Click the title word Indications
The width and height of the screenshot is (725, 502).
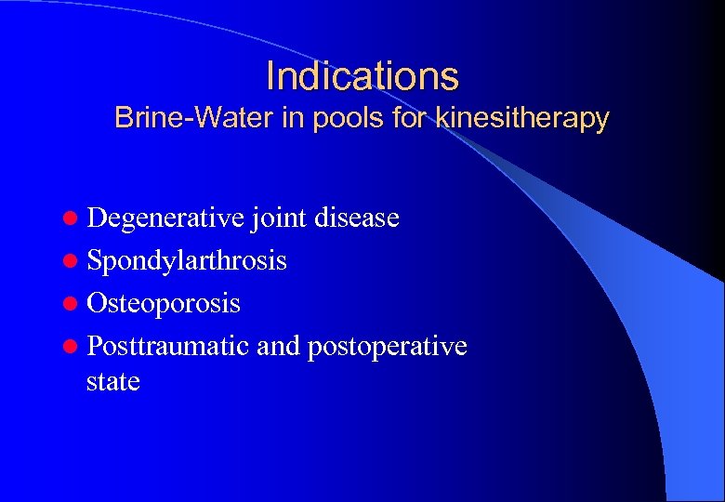(x=362, y=75)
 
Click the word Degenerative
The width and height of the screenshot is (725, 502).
(x=166, y=218)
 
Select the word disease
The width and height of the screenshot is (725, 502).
(x=357, y=218)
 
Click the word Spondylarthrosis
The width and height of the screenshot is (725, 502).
(x=187, y=260)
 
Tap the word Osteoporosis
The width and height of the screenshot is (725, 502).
(x=164, y=303)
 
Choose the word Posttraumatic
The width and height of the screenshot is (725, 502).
(x=168, y=346)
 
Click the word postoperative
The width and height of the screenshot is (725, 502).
(x=387, y=346)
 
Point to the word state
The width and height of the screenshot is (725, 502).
(x=112, y=381)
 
